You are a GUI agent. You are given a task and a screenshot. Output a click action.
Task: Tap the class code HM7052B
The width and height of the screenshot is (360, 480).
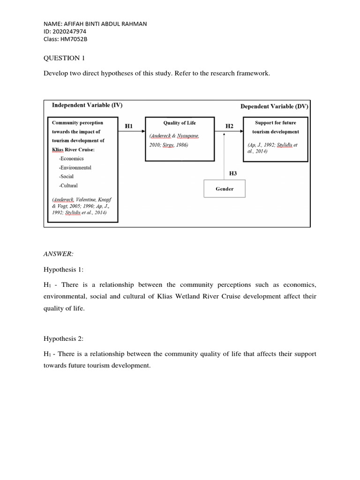tap(74, 39)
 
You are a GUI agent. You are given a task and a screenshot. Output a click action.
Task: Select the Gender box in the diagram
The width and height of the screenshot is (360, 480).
tap(224, 189)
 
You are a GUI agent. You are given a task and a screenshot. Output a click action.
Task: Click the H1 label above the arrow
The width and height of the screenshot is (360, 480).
tap(129, 126)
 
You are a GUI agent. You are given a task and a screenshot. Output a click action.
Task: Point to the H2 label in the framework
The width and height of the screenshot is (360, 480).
tap(229, 126)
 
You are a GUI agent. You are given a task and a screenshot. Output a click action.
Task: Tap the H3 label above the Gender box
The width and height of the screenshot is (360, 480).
tap(233, 173)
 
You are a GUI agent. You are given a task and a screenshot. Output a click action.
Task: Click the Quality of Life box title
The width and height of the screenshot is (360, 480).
tap(179, 123)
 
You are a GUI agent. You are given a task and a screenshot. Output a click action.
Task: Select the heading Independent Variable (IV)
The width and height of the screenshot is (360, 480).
tap(87, 105)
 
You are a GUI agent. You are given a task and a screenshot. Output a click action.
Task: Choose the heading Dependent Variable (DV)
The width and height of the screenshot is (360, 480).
tap(274, 106)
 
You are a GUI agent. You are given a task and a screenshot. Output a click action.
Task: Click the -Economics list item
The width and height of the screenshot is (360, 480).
tap(71, 158)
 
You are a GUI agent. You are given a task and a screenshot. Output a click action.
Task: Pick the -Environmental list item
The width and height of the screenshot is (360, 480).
tap(75, 167)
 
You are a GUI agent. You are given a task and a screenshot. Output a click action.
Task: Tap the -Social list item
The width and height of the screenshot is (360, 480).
tap(66, 177)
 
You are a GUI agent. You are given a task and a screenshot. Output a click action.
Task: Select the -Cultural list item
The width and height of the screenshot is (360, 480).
tap(68, 186)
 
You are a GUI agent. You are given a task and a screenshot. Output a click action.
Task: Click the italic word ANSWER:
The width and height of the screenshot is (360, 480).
tap(58, 254)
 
